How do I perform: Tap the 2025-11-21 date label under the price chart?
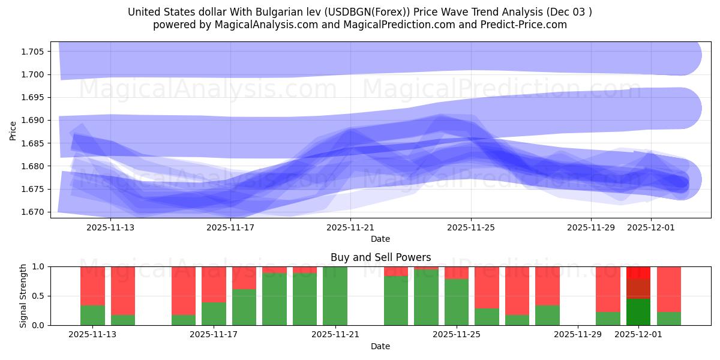pos(350,227)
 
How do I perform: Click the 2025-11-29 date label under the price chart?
pos(591,227)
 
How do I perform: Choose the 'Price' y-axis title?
pos(13,130)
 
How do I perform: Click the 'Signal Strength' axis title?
pos(24,296)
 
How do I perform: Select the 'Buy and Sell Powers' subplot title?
pos(380,257)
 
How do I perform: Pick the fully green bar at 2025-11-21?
pos(335,296)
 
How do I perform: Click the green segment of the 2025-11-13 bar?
pos(92,315)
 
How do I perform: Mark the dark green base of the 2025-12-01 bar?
pos(638,312)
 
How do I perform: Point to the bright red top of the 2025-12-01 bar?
pos(638,272)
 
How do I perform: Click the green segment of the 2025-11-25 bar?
pos(457,302)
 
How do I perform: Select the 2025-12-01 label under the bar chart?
pos(638,334)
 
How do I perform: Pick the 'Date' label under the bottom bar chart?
pos(380,346)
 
